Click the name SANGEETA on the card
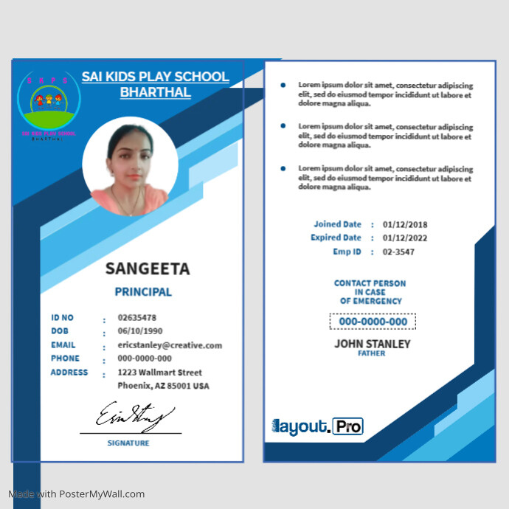point(148,269)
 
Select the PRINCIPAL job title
point(143,292)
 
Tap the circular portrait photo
point(130,167)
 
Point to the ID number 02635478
point(137,318)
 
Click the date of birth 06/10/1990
point(140,331)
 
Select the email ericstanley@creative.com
point(170,345)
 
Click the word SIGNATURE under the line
point(128,443)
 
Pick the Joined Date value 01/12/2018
point(405,224)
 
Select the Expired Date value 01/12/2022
point(405,238)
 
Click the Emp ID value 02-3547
point(398,252)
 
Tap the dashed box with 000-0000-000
point(373,322)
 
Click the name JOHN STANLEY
point(373,344)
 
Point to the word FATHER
point(372,354)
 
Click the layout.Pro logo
point(318,426)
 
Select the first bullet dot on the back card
point(283,85)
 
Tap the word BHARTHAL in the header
point(156,93)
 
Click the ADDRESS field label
point(69,373)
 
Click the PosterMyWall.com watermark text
point(77,494)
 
